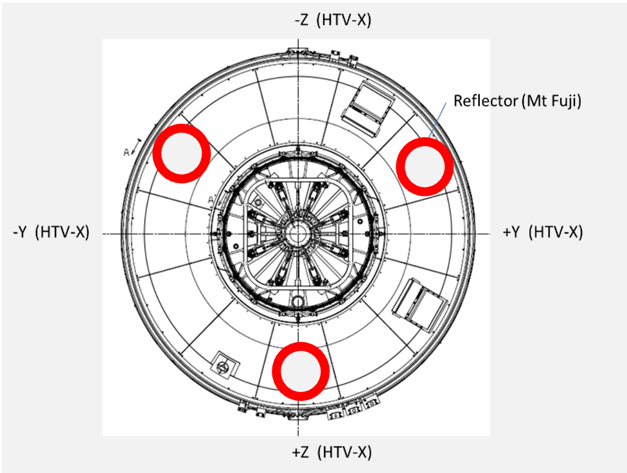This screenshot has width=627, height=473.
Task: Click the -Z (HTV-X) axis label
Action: (x=333, y=20)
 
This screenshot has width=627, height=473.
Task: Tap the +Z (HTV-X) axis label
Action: (x=332, y=452)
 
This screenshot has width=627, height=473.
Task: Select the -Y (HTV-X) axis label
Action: (x=51, y=232)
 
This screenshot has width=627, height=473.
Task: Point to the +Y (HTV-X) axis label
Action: (x=543, y=232)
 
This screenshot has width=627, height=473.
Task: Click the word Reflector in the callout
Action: (x=486, y=101)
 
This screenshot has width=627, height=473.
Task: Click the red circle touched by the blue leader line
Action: (x=425, y=167)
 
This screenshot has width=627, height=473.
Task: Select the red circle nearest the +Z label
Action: (x=301, y=371)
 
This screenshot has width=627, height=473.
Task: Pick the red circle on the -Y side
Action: (x=182, y=154)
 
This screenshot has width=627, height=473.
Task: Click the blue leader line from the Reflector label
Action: (x=437, y=120)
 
